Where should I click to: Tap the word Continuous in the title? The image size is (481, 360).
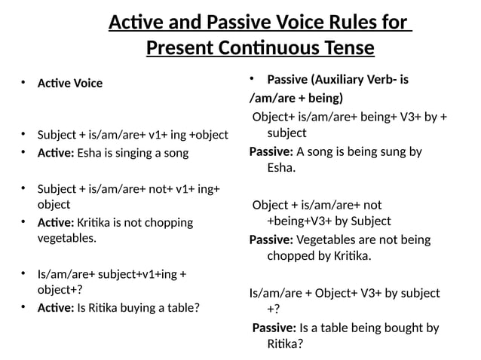point(256,48)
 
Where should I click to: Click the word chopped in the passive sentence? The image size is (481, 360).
point(291,256)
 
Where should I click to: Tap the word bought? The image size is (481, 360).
point(395,328)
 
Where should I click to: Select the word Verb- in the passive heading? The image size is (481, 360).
point(384,79)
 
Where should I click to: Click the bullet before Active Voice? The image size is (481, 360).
point(23,82)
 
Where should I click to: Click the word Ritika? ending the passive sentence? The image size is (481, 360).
point(285,344)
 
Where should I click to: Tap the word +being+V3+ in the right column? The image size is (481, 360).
point(300,221)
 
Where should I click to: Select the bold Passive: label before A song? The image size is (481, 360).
point(271,151)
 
